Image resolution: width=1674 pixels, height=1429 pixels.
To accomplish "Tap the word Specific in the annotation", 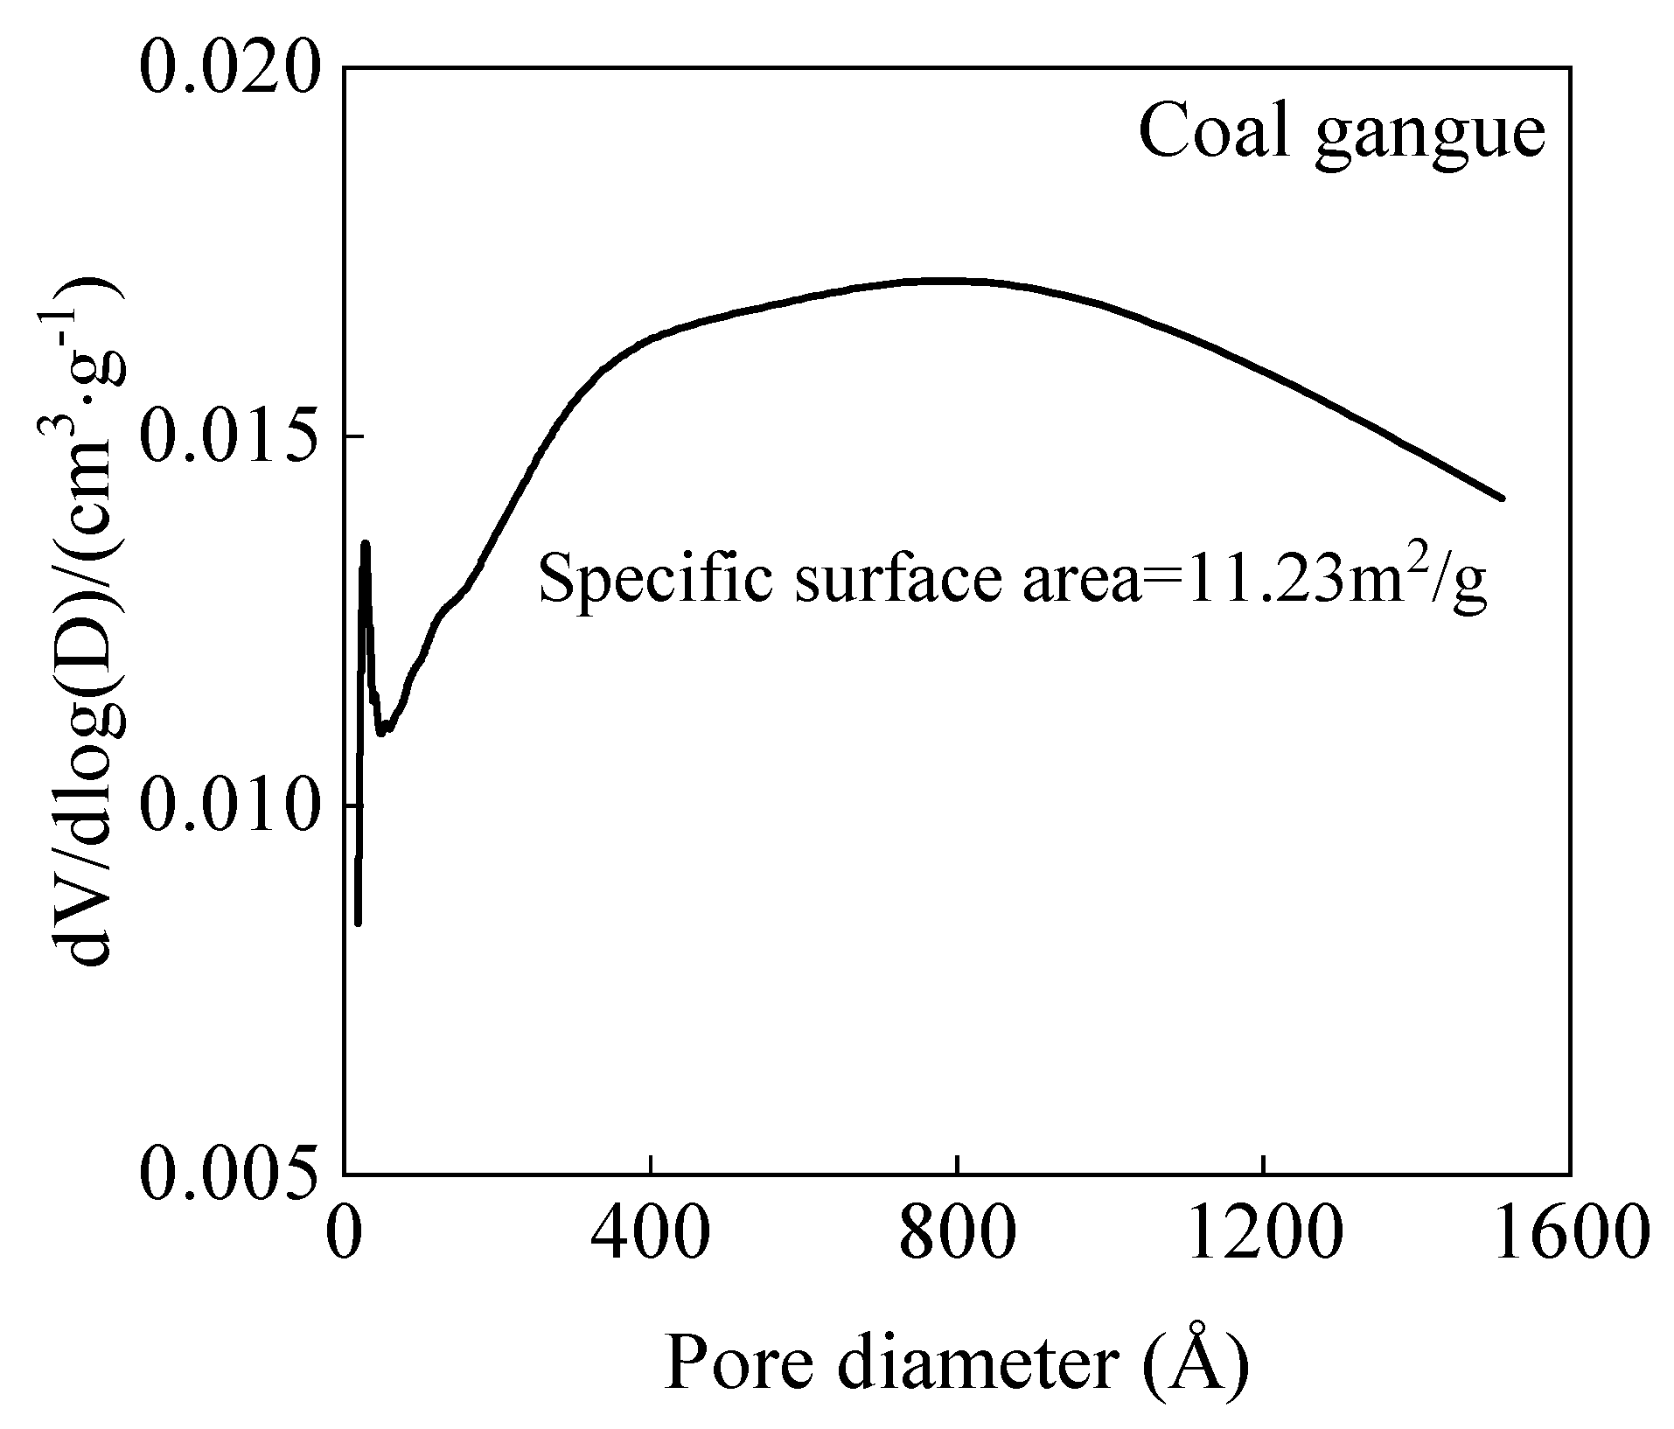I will click(x=654, y=581).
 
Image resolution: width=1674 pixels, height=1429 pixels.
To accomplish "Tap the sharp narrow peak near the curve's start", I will click(x=366, y=545).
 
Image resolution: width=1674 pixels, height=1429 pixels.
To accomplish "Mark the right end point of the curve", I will click(x=1502, y=498).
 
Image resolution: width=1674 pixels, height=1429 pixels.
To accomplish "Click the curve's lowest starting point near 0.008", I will click(x=358, y=922).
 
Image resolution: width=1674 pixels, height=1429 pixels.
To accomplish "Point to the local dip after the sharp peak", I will click(x=383, y=731).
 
